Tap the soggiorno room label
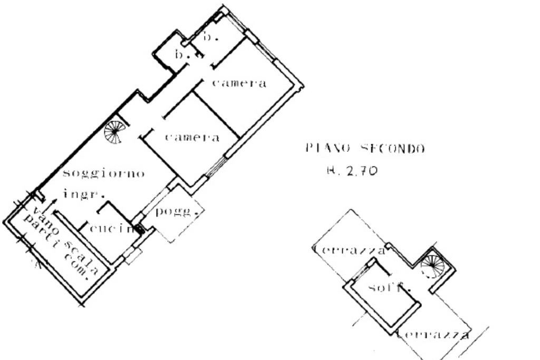[x=103, y=174]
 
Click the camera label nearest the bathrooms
[x=239, y=83]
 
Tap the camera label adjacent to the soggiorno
[x=192, y=138]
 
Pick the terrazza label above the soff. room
[x=349, y=250]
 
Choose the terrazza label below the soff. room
[x=433, y=334]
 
